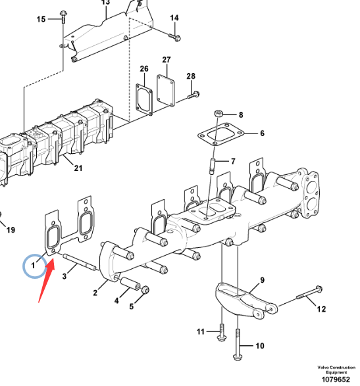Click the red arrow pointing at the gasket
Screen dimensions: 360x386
click(47, 280)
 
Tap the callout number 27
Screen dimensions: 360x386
click(167, 60)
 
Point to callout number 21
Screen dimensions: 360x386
click(78, 168)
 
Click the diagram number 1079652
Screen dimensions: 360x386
click(336, 379)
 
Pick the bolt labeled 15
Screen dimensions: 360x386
click(63, 16)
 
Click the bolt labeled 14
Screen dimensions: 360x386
click(175, 37)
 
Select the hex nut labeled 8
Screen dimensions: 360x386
click(219, 114)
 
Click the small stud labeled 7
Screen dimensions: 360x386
click(212, 166)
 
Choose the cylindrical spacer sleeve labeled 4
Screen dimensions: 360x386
click(130, 283)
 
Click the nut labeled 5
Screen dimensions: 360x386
click(145, 289)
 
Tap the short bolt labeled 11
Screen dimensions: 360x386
click(222, 332)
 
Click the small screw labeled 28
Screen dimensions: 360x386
click(193, 95)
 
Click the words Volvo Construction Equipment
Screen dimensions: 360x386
click(336, 370)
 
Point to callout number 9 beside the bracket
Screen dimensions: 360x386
click(262, 280)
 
